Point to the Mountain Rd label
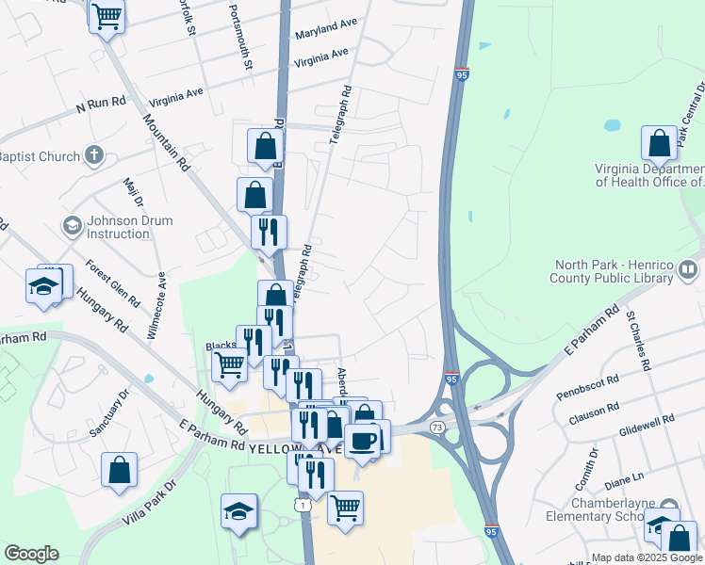167,142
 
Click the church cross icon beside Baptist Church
93,154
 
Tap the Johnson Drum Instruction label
117,227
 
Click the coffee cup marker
362,440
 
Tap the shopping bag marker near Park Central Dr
660,143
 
